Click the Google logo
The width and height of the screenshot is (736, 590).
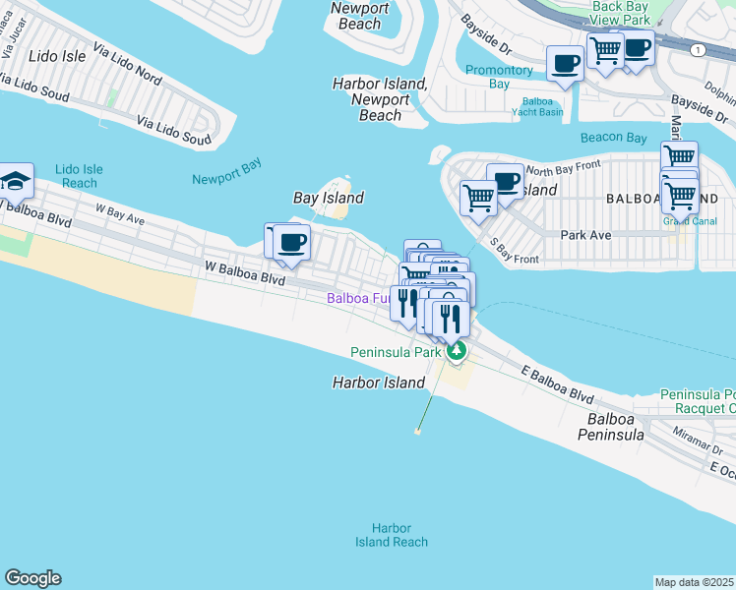(x=32, y=578)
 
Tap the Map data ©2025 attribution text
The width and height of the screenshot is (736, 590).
(x=695, y=582)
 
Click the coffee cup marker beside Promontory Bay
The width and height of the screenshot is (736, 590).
(x=566, y=65)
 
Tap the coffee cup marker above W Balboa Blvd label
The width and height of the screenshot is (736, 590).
(x=291, y=242)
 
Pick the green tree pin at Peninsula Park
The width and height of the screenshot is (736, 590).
(x=455, y=350)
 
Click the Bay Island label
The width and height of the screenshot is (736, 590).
(x=329, y=198)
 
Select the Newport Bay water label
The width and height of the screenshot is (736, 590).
(x=227, y=178)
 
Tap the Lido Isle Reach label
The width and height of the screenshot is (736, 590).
(x=79, y=176)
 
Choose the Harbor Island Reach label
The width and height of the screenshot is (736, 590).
(x=392, y=535)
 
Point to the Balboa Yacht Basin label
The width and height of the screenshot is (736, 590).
(x=542, y=106)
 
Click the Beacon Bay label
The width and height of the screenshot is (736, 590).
(x=613, y=138)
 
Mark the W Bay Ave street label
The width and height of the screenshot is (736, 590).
(x=119, y=214)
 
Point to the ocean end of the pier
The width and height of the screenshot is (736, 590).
(x=418, y=431)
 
